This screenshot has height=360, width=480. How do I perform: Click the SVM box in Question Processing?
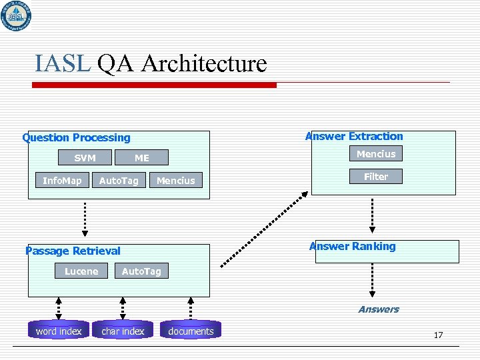tap(85, 158)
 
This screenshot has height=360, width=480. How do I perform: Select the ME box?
tap(142, 158)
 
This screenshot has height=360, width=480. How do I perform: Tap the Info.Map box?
tap(62, 181)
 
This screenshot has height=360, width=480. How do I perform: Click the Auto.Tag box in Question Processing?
tap(119, 181)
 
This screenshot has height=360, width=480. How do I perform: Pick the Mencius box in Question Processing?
tap(176, 181)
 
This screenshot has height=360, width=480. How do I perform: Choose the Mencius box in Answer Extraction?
tap(375, 154)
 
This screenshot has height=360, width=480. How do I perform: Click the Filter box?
tap(375, 177)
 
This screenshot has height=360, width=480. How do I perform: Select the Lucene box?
tap(81, 271)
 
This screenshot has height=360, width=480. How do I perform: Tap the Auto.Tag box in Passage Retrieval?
tap(141, 271)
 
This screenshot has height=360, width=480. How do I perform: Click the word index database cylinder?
tap(59, 331)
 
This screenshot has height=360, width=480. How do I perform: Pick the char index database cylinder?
tap(123, 331)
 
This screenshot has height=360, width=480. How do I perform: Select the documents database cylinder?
tap(191, 331)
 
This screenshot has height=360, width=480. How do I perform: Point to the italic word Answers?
tap(378, 309)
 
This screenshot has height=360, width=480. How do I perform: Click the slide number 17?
tap(438, 335)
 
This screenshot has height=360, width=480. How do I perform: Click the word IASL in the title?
tap(63, 64)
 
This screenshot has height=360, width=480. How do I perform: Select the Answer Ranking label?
tap(352, 246)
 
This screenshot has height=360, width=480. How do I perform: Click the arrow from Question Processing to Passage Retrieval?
tap(85, 217)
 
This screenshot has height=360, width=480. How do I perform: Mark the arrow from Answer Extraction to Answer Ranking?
tap(373, 215)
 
